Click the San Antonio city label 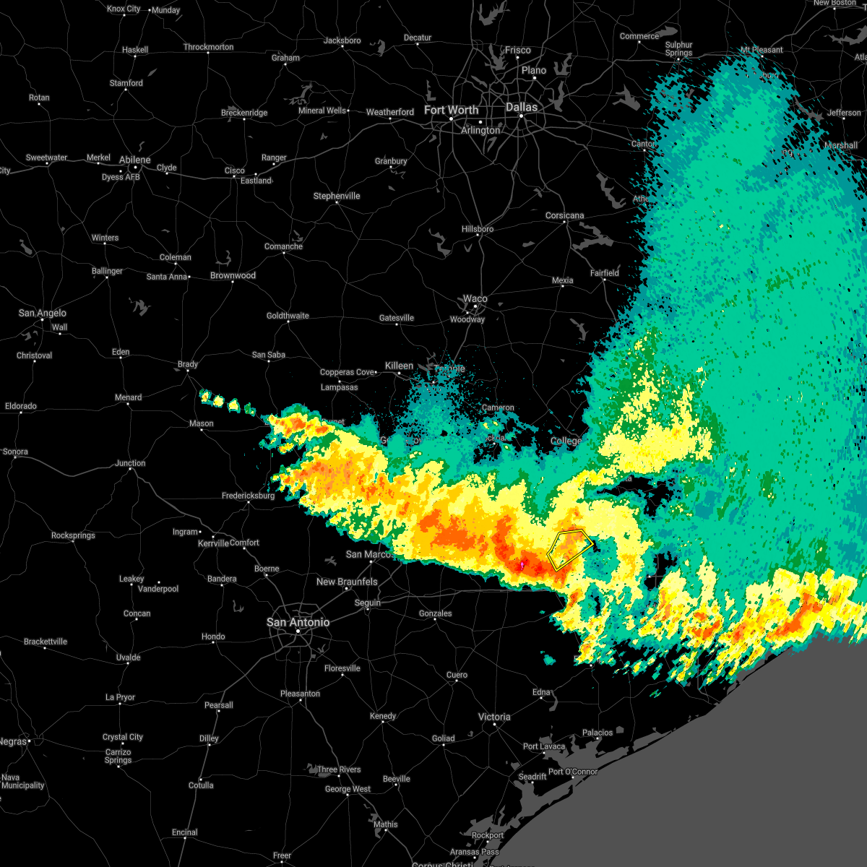[298, 622]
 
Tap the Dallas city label [522, 107]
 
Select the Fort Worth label [451, 110]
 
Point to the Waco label [475, 298]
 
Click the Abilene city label [135, 160]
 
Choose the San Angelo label [42, 313]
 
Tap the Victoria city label [494, 717]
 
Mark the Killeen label [399, 366]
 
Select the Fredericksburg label [248, 496]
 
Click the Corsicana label [565, 215]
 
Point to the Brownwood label [233, 275]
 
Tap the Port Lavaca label [544, 746]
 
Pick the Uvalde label [129, 657]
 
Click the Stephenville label [337, 196]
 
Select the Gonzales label [436, 613]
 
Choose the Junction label [131, 463]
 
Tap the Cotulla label [201, 785]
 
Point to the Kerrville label [213, 543]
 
